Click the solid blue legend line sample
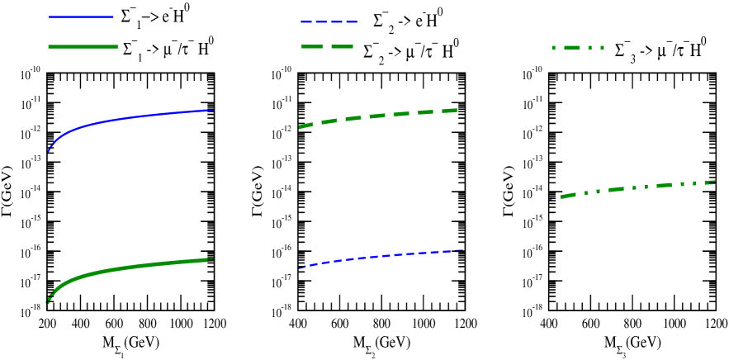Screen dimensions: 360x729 [x=81, y=17]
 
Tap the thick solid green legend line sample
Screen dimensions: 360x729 [x=83, y=46]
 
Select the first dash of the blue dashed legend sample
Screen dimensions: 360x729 [x=304, y=21]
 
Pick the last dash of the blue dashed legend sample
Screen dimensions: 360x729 [x=353, y=21]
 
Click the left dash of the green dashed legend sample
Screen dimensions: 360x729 [x=312, y=46]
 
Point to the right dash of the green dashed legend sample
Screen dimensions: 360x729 [x=342, y=46]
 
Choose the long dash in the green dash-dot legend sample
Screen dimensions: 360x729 [x=573, y=47]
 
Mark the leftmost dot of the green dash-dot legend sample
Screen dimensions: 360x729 [x=553, y=47]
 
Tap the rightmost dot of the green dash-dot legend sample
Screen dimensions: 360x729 [x=603, y=47]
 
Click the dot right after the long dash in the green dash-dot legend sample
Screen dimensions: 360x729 [x=590, y=47]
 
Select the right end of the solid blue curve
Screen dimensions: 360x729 [x=212, y=110]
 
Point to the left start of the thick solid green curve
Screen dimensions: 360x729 [x=48, y=302]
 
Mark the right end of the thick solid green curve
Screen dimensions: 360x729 [x=212, y=259]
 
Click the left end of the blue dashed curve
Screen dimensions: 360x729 [x=300, y=268]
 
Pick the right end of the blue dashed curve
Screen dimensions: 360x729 [x=462, y=249]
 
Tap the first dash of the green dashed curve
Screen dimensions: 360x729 [x=305, y=126]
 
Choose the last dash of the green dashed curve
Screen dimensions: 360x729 [x=450, y=110]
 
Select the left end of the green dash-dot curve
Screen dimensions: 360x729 [x=551, y=199]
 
